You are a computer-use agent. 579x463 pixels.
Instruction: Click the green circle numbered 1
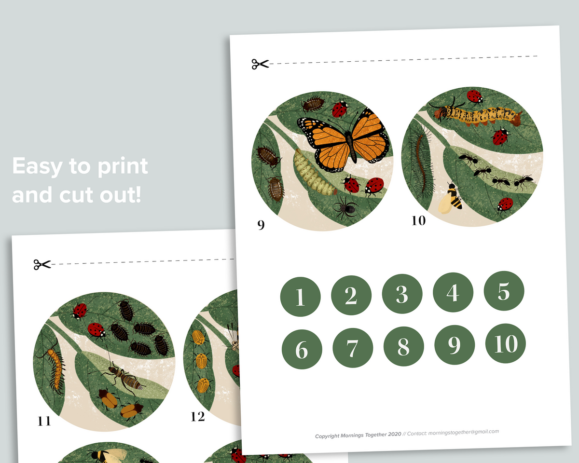tap(300, 296)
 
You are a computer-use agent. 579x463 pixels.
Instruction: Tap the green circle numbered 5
tap(504, 291)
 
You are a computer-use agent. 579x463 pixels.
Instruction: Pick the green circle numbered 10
tap(506, 343)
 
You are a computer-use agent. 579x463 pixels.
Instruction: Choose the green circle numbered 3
tap(402, 294)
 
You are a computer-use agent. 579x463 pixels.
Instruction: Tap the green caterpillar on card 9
tap(314, 173)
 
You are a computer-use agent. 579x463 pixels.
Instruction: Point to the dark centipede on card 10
tap(420, 159)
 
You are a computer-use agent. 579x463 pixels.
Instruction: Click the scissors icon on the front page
tap(260, 64)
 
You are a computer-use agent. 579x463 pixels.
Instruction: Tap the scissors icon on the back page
tap(42, 264)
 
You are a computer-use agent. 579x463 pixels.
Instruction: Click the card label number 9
tap(261, 225)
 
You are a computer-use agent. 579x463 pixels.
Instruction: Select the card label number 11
tap(44, 421)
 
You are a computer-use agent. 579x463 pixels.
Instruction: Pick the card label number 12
tap(197, 416)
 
